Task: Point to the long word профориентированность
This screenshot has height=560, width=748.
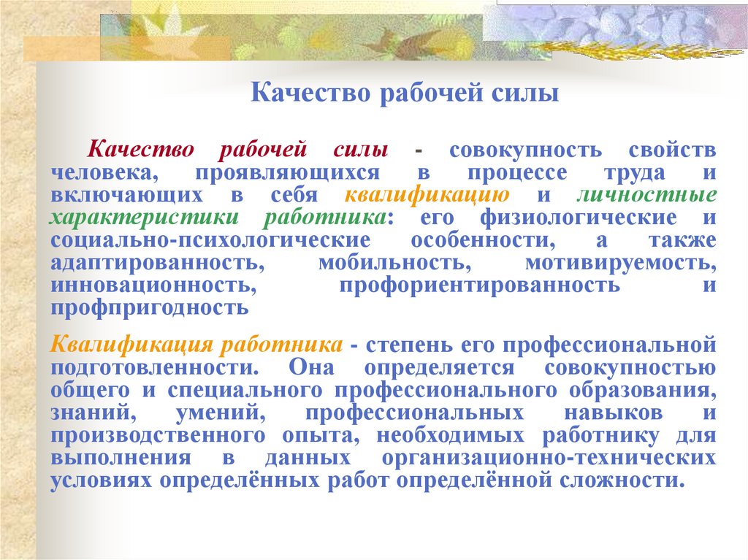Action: coord(479,285)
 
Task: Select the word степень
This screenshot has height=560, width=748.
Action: coord(408,343)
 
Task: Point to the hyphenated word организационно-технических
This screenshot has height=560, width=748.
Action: coord(547,459)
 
